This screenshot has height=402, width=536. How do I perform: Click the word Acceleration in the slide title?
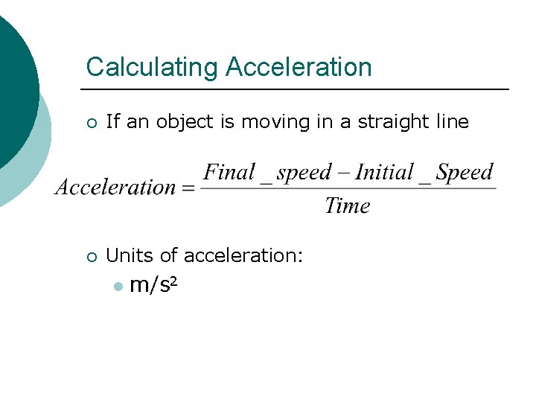point(299,67)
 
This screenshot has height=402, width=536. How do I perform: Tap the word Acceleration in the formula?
point(115,187)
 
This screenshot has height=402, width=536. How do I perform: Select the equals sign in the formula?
point(188,188)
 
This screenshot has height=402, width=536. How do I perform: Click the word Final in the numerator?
point(229,173)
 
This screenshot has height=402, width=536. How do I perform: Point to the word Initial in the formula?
point(384,173)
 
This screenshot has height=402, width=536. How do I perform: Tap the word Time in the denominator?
point(347,205)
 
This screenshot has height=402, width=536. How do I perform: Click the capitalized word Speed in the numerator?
point(465,173)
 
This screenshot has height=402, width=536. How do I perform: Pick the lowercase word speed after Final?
point(304,173)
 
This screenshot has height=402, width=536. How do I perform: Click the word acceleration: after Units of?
point(243,255)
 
